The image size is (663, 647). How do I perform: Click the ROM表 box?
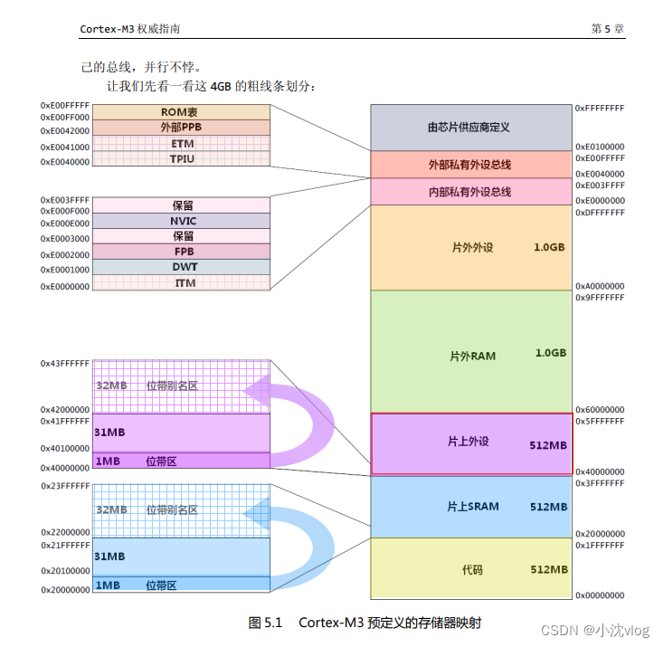pos(180,111)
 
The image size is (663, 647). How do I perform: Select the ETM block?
pos(181,143)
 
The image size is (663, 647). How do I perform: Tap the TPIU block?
pos(181,158)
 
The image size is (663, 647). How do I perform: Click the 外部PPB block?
pos(180,128)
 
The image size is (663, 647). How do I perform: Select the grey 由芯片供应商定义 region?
pos(469,128)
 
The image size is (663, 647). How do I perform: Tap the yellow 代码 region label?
pos(472,569)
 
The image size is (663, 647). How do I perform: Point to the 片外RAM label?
pos(472,355)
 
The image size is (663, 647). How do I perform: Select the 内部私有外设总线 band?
pos(469,192)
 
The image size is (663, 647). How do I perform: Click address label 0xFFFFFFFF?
pos(600,109)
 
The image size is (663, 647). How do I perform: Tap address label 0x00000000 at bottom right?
pos(600,596)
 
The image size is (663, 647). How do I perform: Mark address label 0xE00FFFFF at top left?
pos(64,106)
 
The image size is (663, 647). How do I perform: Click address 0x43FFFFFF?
pos(64,363)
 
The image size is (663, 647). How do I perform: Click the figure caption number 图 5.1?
pos(265,623)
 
